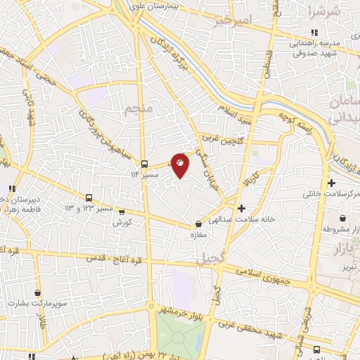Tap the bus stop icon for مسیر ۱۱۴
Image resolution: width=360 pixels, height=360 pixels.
click(x=144, y=160)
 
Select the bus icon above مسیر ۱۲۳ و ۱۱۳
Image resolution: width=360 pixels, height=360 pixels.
click(x=90, y=198)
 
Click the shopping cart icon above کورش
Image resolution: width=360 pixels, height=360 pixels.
click(x=122, y=211)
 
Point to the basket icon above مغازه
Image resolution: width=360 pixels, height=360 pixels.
click(x=198, y=224)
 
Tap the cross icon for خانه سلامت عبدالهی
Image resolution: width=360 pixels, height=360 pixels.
click(x=241, y=208)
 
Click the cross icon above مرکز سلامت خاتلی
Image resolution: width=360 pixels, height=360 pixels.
click(x=331, y=183)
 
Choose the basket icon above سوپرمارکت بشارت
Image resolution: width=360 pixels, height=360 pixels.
click(x=37, y=292)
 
